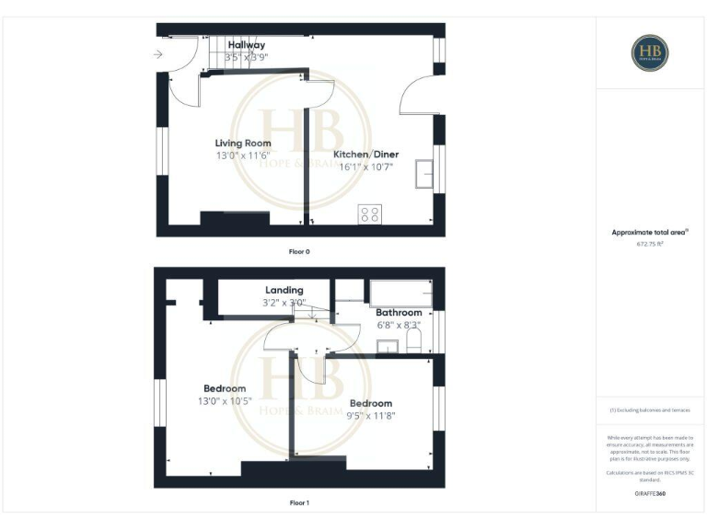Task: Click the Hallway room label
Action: [x=246, y=45]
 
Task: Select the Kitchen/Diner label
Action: [x=365, y=155]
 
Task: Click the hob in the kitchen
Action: [x=370, y=214]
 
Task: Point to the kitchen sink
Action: [x=425, y=173]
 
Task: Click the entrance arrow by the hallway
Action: [x=158, y=54]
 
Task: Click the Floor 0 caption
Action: [x=299, y=250]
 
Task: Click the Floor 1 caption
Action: [x=299, y=503]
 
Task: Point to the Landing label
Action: [x=284, y=290]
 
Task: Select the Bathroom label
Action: [x=399, y=313]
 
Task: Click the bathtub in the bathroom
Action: [x=400, y=294]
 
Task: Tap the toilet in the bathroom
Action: [x=413, y=343]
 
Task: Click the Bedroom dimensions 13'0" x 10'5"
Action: [x=225, y=401]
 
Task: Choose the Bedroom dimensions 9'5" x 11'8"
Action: [x=371, y=416]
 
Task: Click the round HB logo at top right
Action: [x=650, y=52]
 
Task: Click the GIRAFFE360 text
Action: [x=650, y=494]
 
